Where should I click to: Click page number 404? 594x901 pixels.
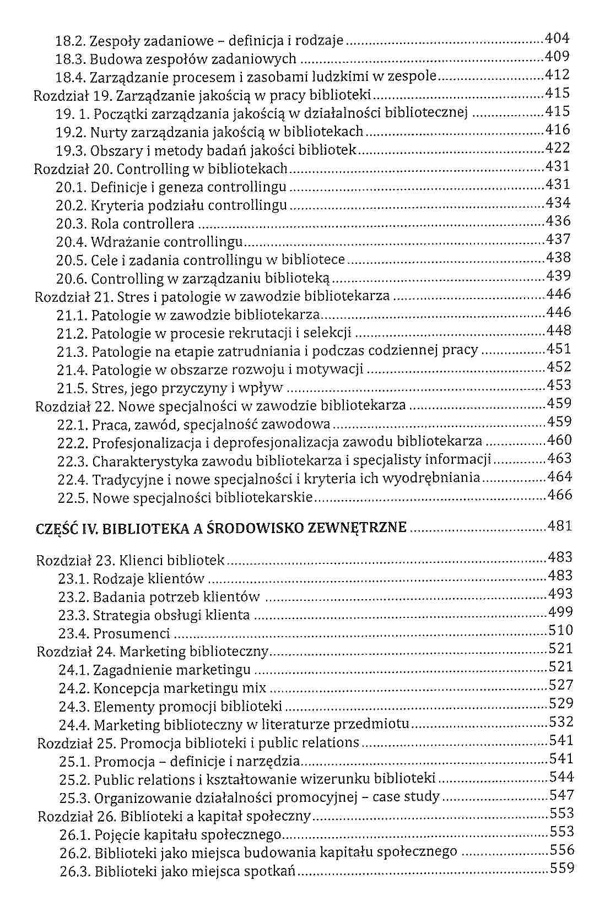point(557,39)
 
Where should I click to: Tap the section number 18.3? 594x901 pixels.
point(71,59)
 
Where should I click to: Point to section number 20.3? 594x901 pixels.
point(71,224)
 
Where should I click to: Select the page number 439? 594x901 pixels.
point(558,276)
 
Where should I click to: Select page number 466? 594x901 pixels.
point(560,495)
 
